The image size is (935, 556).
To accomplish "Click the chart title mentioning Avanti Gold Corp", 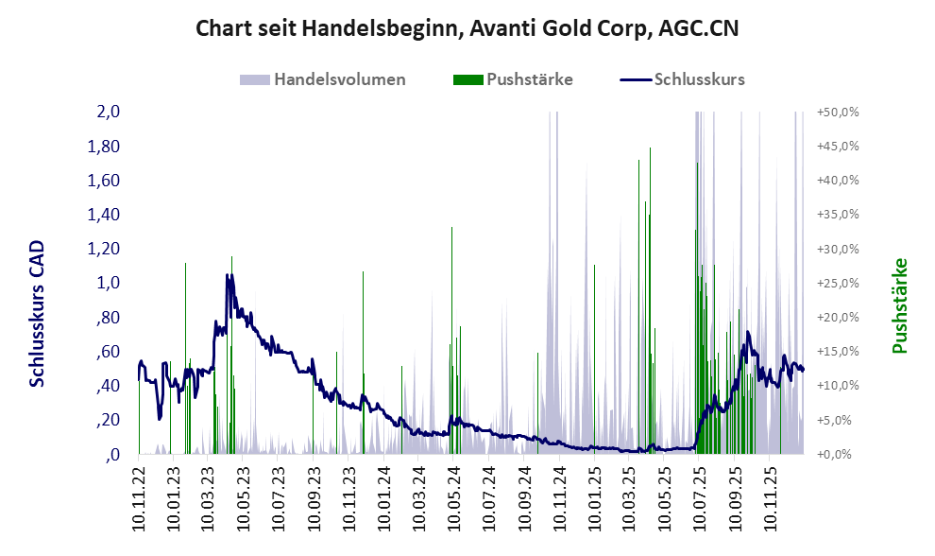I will [x=467, y=28].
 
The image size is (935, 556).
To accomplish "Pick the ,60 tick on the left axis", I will [x=109, y=352].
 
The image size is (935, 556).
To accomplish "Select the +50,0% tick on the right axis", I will [x=837, y=112].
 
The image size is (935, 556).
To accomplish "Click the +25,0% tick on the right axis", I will [x=837, y=283].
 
